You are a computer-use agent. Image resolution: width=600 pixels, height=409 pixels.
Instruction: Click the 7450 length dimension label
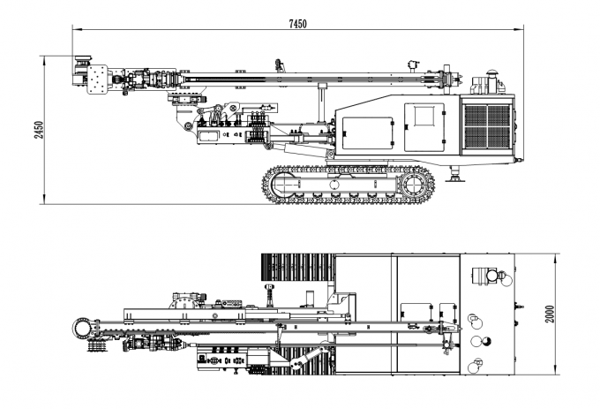click(297, 24)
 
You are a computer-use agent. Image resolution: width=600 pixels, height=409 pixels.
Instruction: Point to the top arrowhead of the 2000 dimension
click(557, 259)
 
